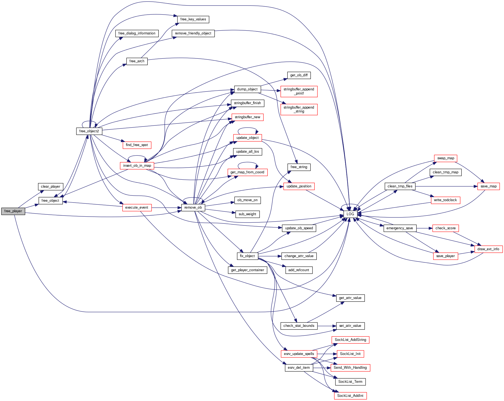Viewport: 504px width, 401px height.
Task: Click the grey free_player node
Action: click(13, 211)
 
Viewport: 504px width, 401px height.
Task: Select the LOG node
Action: click(350, 214)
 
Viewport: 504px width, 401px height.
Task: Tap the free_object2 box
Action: click(89, 131)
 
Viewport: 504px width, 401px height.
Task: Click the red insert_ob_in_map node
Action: click(137, 166)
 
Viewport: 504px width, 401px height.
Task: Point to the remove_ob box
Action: click(193, 208)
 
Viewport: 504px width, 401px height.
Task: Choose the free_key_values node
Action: click(193, 19)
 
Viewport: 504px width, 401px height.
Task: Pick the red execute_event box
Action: click(137, 208)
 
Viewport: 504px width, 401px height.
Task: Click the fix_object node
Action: click(247, 256)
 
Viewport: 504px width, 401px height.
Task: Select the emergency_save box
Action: click(400, 228)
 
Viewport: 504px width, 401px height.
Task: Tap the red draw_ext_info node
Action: click(488, 249)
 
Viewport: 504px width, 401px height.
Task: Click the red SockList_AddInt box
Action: click(350, 396)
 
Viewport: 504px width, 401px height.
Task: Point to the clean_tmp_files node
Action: click(400, 186)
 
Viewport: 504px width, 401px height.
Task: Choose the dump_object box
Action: click(247, 89)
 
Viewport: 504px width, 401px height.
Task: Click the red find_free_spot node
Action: click(137, 145)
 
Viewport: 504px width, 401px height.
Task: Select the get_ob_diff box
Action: click(299, 75)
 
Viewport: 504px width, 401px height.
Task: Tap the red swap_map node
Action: click(446, 158)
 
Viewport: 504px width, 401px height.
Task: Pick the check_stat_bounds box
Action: click(299, 326)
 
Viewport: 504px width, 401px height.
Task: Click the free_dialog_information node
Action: click(137, 33)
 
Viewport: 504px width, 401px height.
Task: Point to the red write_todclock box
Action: click(445, 200)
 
